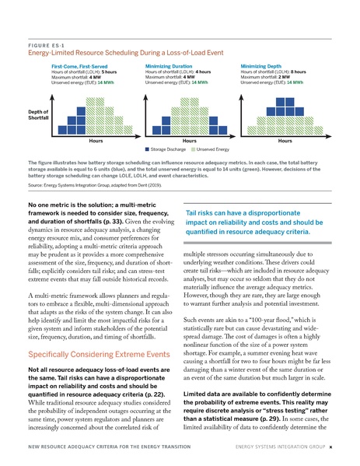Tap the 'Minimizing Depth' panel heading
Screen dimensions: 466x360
[x=265, y=67]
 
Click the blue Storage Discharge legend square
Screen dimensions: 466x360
[x=148, y=147]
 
